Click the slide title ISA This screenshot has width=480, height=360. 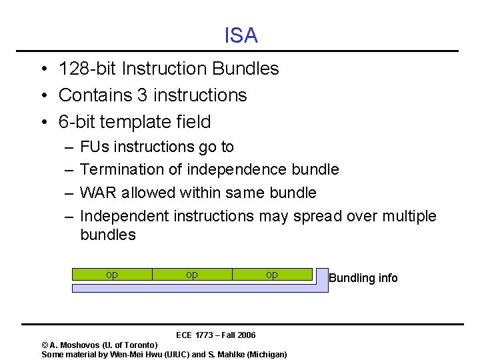[x=241, y=35]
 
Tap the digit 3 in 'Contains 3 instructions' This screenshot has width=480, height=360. [x=142, y=95]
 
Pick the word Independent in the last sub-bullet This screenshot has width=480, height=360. [x=124, y=217]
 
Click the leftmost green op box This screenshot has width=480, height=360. [x=112, y=274]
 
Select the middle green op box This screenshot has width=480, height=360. [x=192, y=274]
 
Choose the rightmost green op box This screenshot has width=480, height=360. [x=272, y=274]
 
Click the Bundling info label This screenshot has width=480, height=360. [x=363, y=278]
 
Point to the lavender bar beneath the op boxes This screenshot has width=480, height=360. [x=200, y=288]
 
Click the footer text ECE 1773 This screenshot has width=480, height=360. [x=194, y=335]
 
